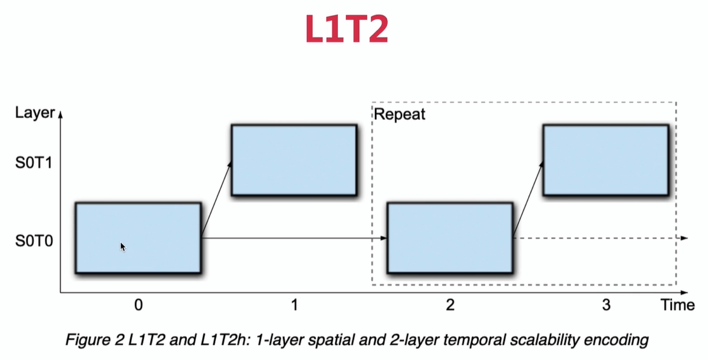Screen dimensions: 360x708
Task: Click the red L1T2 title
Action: coord(346,29)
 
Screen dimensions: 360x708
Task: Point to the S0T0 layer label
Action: coord(33,242)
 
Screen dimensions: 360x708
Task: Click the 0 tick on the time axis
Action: coord(138,305)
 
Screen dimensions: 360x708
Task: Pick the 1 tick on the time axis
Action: coord(294,305)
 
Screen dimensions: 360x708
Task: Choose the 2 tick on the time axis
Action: coord(450,305)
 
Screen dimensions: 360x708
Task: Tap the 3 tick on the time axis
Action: coord(606,305)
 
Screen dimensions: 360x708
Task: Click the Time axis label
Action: coord(678,305)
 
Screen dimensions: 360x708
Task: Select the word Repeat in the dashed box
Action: coord(400,115)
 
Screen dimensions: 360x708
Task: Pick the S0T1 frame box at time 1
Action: coord(294,160)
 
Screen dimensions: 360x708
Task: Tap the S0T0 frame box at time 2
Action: coord(450,238)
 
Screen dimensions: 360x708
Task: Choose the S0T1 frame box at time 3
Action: coord(606,160)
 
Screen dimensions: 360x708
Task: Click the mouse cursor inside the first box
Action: coord(123,246)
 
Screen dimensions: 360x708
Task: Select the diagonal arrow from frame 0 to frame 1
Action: coord(217,199)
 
